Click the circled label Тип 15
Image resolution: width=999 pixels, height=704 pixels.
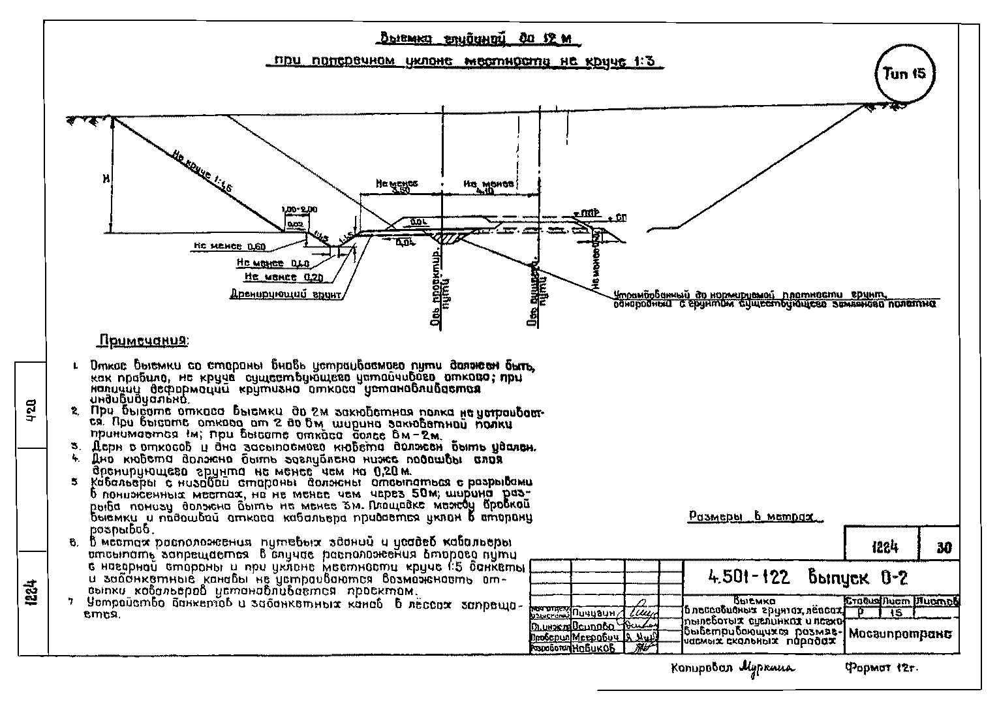click(x=904, y=74)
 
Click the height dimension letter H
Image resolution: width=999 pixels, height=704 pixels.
click(x=105, y=177)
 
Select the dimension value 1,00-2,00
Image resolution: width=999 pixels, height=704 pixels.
click(x=299, y=209)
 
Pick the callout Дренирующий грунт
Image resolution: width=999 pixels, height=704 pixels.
click(x=286, y=295)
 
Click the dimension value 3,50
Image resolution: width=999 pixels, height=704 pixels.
click(x=401, y=191)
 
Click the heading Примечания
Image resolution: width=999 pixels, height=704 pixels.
click(x=143, y=341)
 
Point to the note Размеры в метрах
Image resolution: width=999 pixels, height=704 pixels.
click(x=755, y=517)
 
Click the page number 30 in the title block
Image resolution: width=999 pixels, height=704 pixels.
click(x=944, y=547)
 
